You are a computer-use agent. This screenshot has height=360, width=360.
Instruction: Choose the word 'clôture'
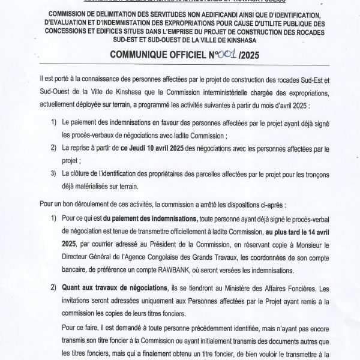(x=98, y=173)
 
